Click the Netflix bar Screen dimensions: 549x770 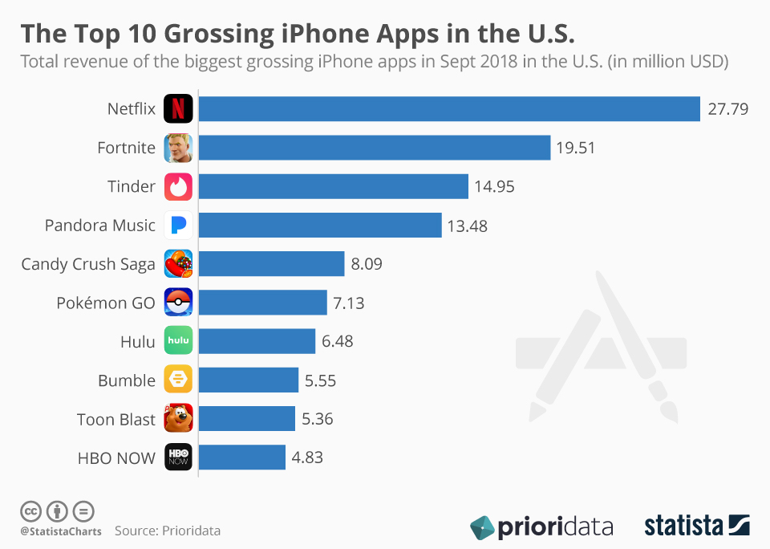pos(449,109)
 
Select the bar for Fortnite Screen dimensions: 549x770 pos(374,148)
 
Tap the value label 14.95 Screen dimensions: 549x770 pos(494,186)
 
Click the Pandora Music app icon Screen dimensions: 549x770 pos(178,225)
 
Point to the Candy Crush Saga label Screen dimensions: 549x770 pos(88,263)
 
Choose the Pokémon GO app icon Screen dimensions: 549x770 pos(178,302)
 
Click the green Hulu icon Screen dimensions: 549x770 pos(178,340)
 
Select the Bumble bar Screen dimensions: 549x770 pos(248,380)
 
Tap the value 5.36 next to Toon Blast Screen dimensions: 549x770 pos(318,418)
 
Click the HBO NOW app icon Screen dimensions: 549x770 pos(178,457)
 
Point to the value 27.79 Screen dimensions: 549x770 pos(727,109)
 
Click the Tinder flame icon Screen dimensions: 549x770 pos(178,186)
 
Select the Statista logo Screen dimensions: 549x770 pos(696,526)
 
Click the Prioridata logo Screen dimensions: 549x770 pos(541,527)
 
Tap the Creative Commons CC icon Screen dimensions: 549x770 pos(30,510)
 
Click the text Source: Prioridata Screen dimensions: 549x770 pos(167,531)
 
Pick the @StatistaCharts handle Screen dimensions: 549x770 pos(59,531)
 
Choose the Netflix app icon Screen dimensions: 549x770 pos(178,109)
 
